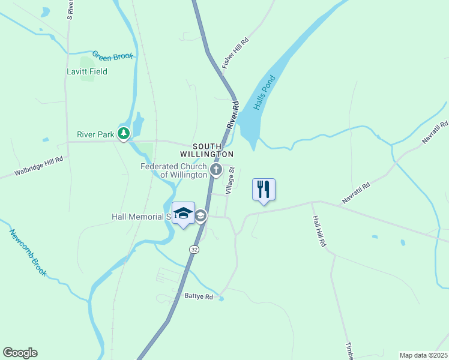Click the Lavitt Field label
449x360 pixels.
(x=86, y=71)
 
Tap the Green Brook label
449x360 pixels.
(x=112, y=55)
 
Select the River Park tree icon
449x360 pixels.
(x=124, y=134)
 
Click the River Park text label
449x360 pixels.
(x=95, y=134)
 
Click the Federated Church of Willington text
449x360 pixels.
(x=173, y=170)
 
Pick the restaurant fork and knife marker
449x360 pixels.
(x=264, y=190)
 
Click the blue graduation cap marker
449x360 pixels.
(x=184, y=214)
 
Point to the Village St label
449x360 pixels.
(x=229, y=181)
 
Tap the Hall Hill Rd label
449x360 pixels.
(x=319, y=232)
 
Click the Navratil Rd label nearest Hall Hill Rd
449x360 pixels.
(x=357, y=194)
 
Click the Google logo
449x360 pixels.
(x=20, y=353)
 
